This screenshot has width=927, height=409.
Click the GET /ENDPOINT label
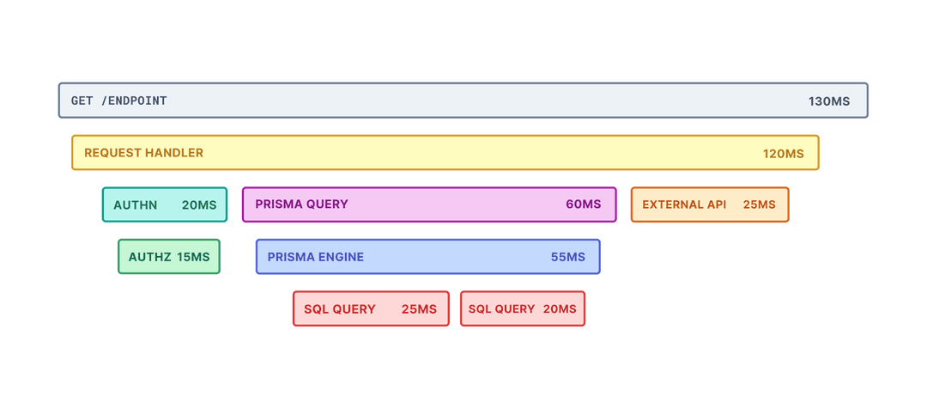point(118,101)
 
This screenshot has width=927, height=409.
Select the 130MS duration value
point(828,101)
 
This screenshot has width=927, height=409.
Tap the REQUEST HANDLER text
point(143,153)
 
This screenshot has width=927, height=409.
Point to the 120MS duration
point(783,154)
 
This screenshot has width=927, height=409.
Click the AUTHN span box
point(165,204)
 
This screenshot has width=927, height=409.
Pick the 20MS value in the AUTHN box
point(199,205)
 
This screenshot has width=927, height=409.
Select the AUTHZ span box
point(169,257)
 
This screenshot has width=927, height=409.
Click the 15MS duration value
point(193,257)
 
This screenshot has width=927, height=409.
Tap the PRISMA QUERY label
point(301,204)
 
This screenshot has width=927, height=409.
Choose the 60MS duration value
point(583,204)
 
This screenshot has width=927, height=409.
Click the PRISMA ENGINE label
point(315,257)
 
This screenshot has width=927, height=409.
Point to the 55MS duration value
point(567,257)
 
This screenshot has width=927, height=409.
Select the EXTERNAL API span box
point(710,204)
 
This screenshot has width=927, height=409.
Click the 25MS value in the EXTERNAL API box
point(759,204)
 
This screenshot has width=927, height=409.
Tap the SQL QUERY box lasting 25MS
point(371,309)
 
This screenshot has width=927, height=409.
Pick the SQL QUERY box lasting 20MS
point(522,309)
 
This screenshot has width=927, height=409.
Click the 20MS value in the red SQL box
point(560,309)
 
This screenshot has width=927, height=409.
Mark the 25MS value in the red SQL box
point(419,309)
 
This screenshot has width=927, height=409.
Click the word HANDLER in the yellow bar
point(174,153)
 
